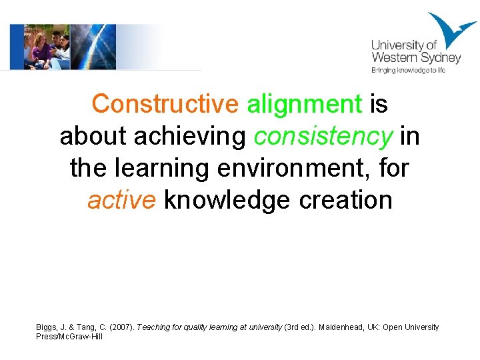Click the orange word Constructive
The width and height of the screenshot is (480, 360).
[165, 104]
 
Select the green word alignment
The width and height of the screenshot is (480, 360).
[304, 104]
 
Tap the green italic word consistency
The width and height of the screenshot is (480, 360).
[323, 136]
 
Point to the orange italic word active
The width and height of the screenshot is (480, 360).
[122, 199]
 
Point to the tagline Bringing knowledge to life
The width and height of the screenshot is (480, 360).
[407, 70]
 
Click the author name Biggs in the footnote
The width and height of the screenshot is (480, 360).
[47, 327]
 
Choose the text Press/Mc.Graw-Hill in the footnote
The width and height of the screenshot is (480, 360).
[69, 337]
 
